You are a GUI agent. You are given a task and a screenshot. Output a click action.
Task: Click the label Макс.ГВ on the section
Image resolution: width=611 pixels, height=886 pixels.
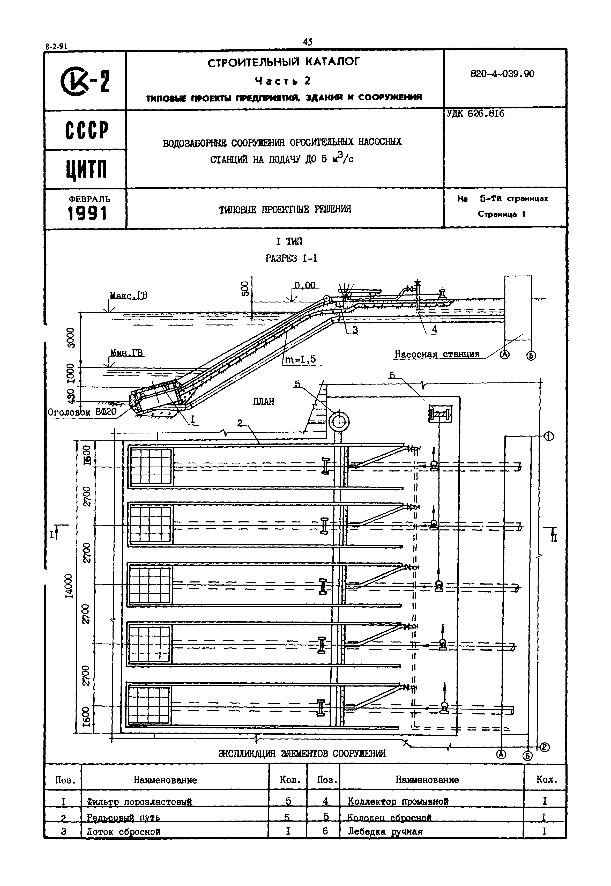[x=128, y=296]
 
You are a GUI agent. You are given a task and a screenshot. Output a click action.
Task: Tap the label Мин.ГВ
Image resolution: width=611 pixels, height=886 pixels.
[x=127, y=353]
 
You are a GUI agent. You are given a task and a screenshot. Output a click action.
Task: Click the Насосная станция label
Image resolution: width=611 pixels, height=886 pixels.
[x=437, y=354]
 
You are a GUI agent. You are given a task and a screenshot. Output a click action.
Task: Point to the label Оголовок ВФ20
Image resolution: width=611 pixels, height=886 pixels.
[x=82, y=412]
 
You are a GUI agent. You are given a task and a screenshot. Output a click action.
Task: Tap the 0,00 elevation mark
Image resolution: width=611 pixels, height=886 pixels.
[x=305, y=285]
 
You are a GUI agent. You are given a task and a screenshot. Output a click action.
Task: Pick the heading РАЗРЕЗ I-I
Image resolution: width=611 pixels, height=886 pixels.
[x=291, y=259]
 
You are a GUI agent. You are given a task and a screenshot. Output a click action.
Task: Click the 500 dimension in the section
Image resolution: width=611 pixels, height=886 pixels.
[x=245, y=289]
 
